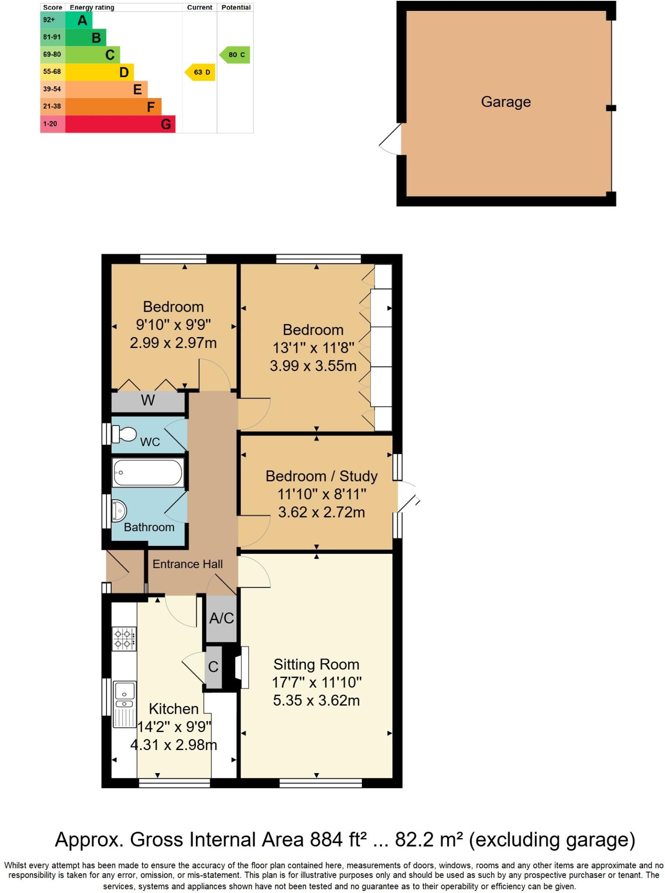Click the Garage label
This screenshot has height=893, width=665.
coord(505,102)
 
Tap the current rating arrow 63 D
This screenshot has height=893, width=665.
coord(201,72)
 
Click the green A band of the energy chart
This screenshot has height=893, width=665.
coord(79,20)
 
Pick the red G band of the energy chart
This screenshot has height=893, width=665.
coord(120,124)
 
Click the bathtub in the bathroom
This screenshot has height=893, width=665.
coord(148,472)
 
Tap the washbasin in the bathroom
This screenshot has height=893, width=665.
coord(119,510)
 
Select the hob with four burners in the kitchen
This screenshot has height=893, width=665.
coord(124,638)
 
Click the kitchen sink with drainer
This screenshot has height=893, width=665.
coord(124,704)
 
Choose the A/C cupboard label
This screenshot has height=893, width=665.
coord(222,618)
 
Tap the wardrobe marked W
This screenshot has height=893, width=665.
coord(148,400)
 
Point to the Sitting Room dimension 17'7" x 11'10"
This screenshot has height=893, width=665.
coord(317,682)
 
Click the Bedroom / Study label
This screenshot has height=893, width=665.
coord(321,476)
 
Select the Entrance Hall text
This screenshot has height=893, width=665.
coord(188,564)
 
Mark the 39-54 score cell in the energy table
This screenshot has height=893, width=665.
coord(52,89)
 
